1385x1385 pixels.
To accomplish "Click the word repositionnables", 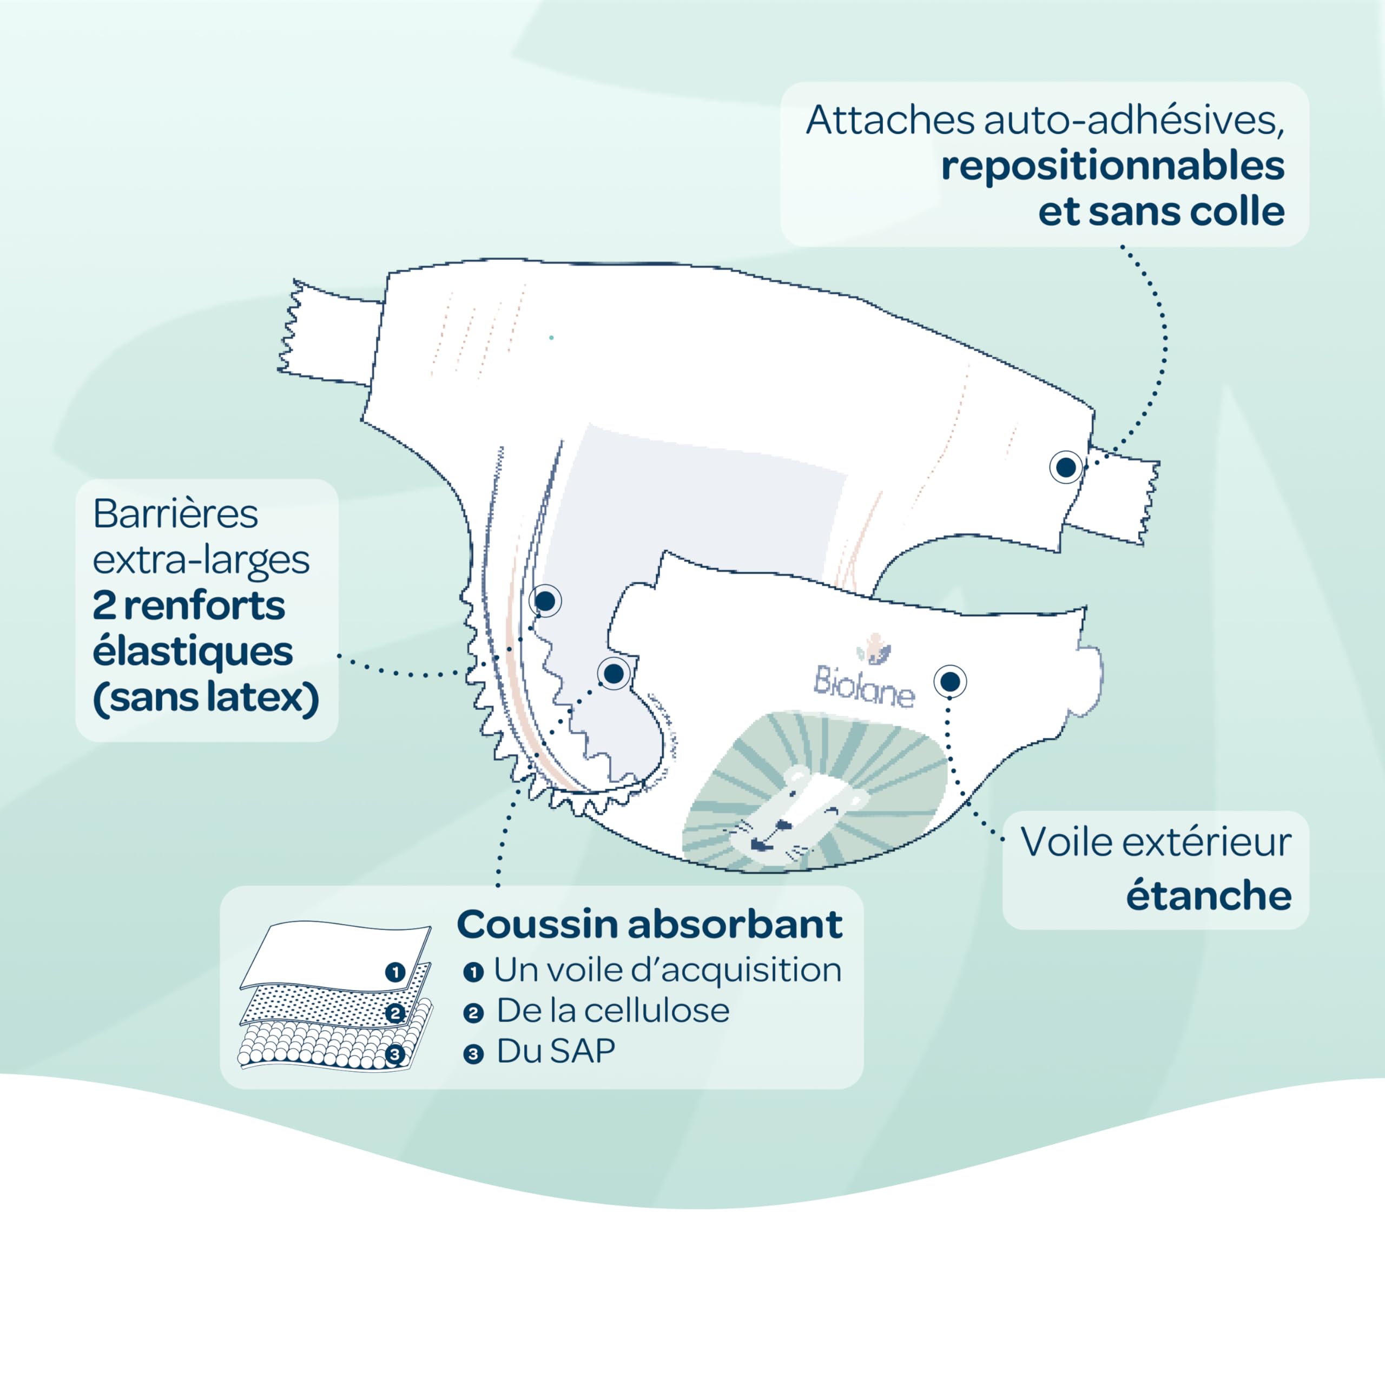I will pyautogui.click(x=1112, y=166).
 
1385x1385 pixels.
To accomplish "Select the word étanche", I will pyautogui.click(x=1208, y=895).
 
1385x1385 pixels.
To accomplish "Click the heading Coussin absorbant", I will pyautogui.click(x=649, y=924).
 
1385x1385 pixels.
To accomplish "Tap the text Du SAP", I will pyautogui.click(x=556, y=1052).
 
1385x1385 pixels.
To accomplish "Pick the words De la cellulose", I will pyautogui.click(x=612, y=1011).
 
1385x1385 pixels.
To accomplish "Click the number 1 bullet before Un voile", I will pyautogui.click(x=473, y=972).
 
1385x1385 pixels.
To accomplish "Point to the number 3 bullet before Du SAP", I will pyautogui.click(x=473, y=1054).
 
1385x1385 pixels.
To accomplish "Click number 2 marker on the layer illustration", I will pyautogui.click(x=395, y=1013).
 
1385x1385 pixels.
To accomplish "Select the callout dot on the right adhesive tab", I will pyautogui.click(x=1065, y=467).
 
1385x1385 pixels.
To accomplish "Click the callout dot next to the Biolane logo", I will pyautogui.click(x=950, y=681).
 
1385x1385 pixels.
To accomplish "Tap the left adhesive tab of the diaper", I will pyautogui.click(x=330, y=333).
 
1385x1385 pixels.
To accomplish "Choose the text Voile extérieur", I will pyautogui.click(x=1156, y=842).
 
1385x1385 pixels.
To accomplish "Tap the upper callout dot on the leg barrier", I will pyautogui.click(x=545, y=601).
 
